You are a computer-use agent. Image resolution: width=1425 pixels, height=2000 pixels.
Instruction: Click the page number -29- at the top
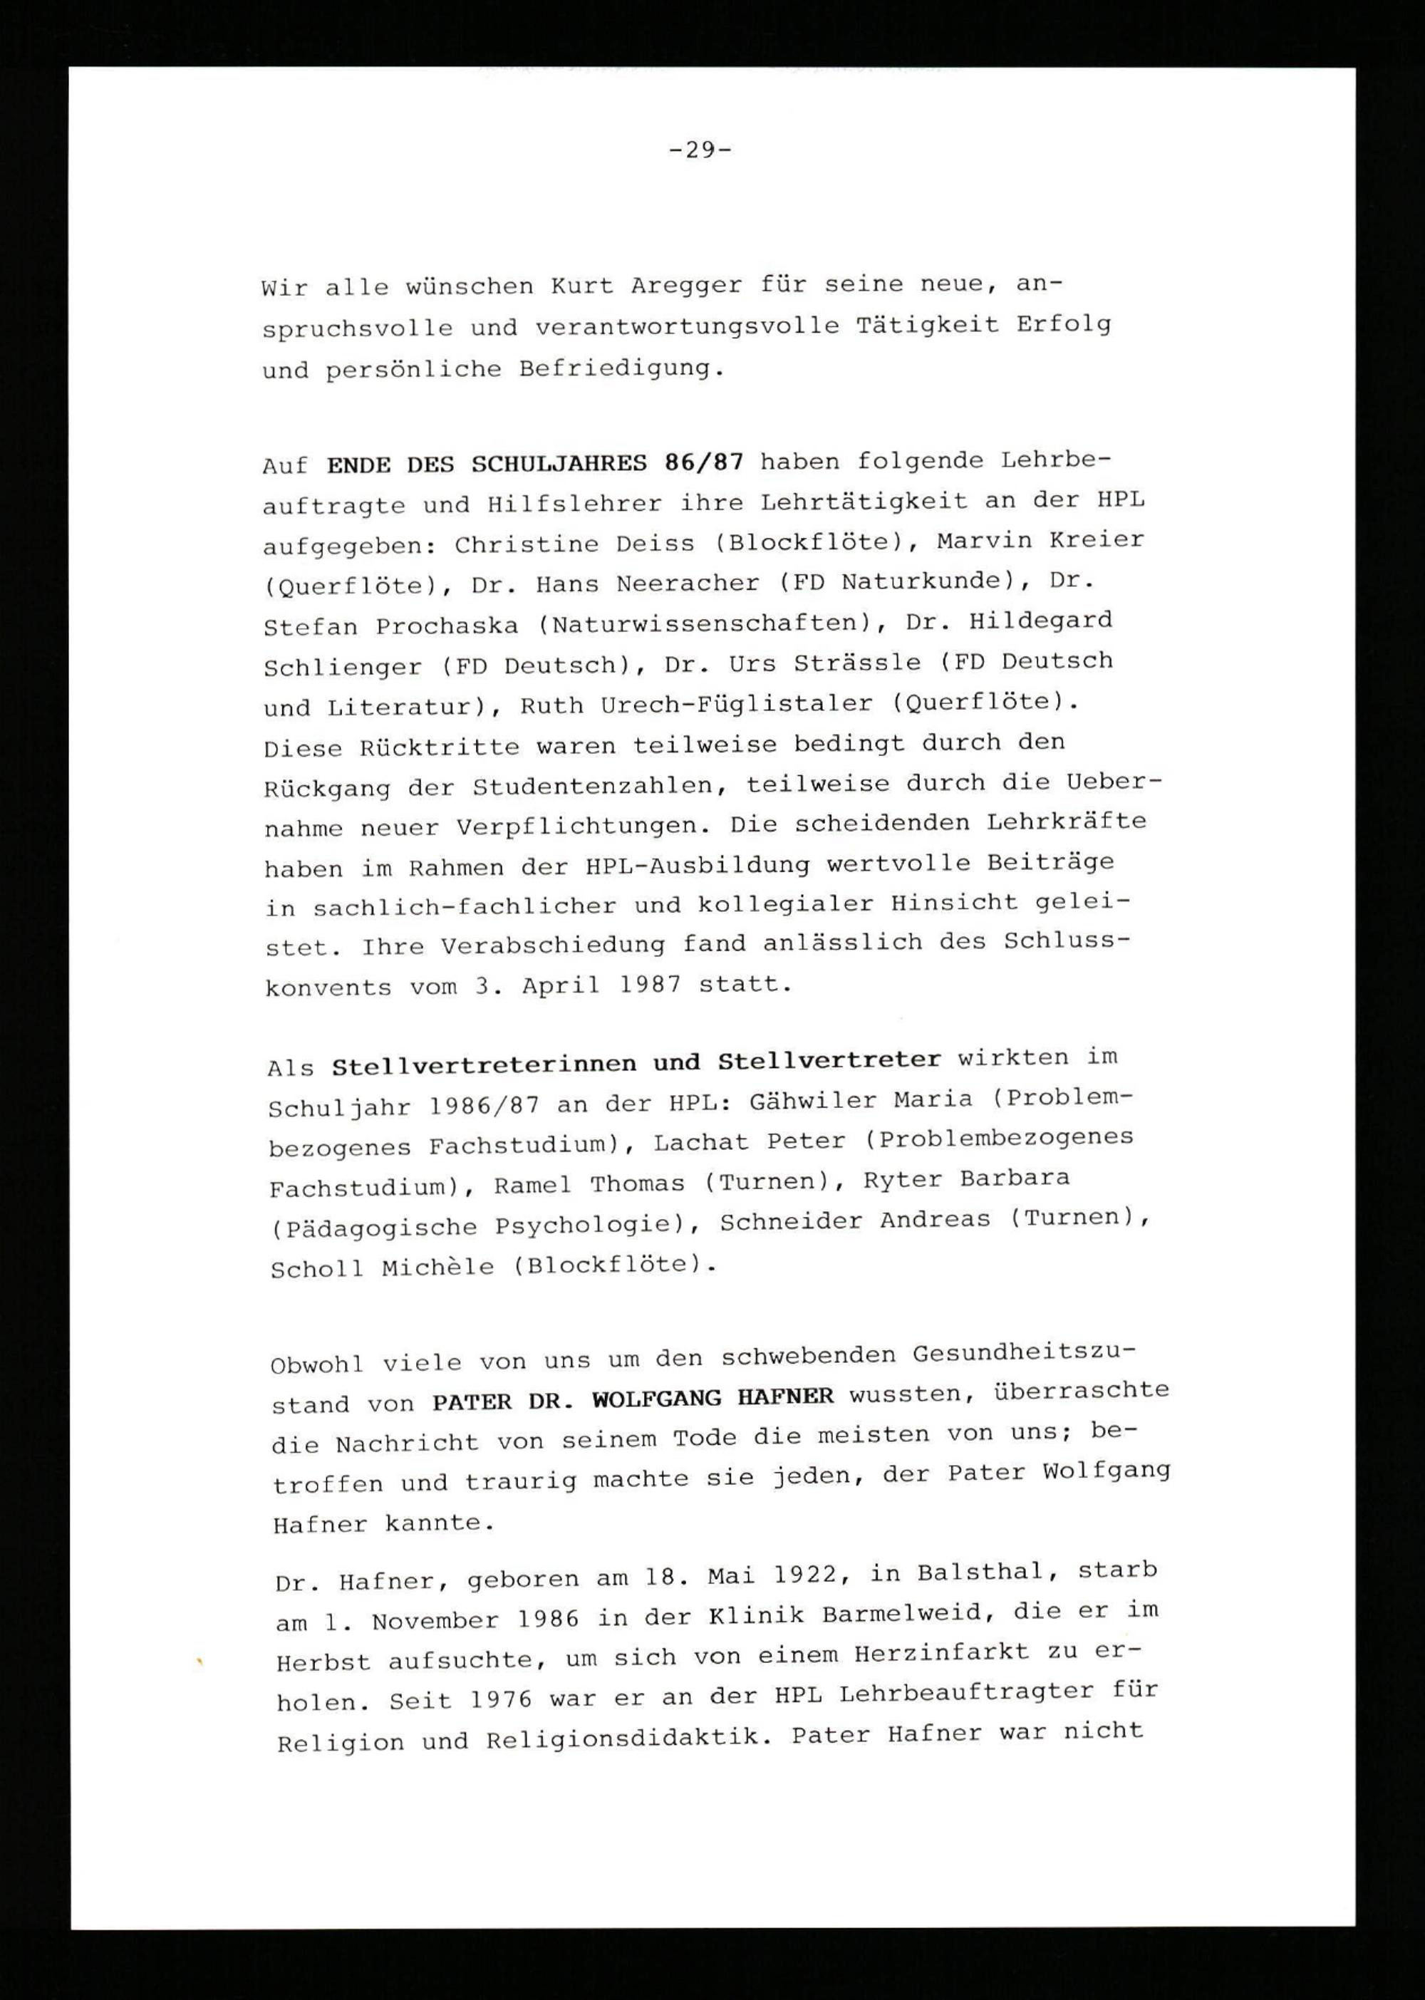(x=700, y=150)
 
